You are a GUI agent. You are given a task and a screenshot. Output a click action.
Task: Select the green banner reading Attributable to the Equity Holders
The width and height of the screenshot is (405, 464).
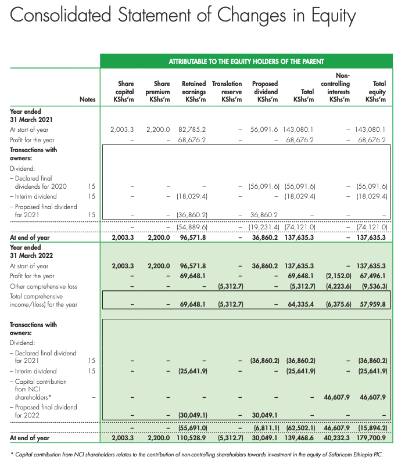pyautogui.click(x=246, y=61)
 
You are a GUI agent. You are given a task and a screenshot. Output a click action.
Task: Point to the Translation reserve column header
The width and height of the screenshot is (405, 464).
pyautogui.click(x=227, y=92)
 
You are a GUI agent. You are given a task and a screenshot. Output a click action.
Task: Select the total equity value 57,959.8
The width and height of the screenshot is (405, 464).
pyautogui.click(x=374, y=304)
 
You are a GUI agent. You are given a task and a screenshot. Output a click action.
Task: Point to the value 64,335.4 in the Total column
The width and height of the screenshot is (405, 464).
pyautogui.click(x=301, y=304)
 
